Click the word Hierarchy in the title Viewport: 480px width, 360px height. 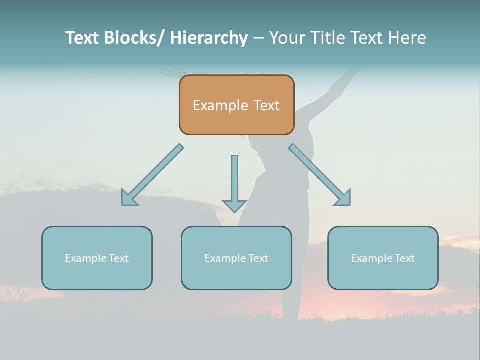(x=209, y=38)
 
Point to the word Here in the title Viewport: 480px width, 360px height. (x=408, y=38)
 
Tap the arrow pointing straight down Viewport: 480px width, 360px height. (x=234, y=180)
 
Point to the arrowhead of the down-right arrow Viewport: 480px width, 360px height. (x=344, y=198)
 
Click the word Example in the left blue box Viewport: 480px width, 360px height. (x=83, y=258)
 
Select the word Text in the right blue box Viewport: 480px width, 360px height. (x=404, y=258)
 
